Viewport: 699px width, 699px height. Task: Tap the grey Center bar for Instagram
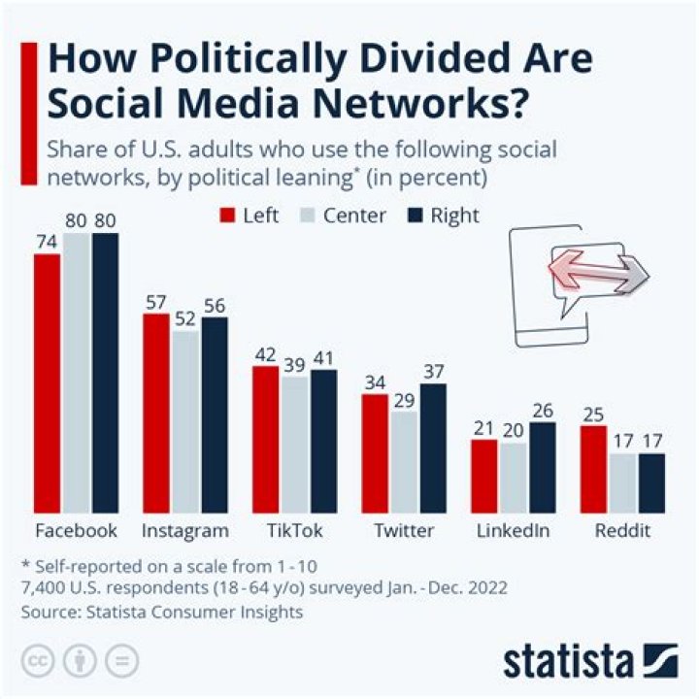pos(184,421)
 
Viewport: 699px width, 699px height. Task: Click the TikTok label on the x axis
pos(295,531)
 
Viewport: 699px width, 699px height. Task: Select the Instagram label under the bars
pos(185,531)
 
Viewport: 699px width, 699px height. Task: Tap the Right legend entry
pos(445,216)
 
